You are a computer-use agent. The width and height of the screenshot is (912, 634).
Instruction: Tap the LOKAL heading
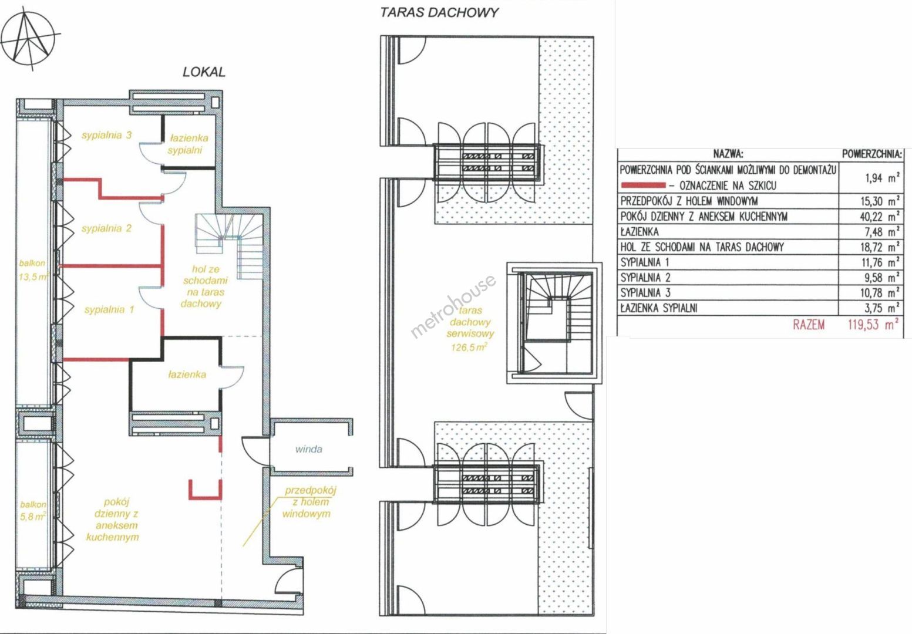(204, 72)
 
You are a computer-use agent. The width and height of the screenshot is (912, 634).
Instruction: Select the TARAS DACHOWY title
(439, 12)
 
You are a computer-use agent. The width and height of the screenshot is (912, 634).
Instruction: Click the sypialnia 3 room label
(107, 134)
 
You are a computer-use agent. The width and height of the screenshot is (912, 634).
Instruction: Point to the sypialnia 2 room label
(107, 228)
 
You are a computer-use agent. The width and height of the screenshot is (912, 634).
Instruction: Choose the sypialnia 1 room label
(109, 310)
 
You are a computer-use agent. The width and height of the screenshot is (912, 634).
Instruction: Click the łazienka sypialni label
(188, 144)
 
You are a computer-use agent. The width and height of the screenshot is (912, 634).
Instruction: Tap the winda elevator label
(309, 449)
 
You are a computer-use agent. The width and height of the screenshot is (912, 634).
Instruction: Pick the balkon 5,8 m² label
(33, 511)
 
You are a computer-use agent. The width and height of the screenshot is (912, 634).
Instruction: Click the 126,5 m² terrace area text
(469, 347)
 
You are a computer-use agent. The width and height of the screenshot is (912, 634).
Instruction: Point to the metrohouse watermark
(453, 306)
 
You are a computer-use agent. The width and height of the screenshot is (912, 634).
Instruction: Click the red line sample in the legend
(643, 185)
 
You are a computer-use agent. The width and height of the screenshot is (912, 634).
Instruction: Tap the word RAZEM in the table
(809, 325)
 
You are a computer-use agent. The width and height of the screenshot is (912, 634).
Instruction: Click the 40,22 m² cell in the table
(880, 216)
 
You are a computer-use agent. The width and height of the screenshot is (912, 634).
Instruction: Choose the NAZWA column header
(728, 154)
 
